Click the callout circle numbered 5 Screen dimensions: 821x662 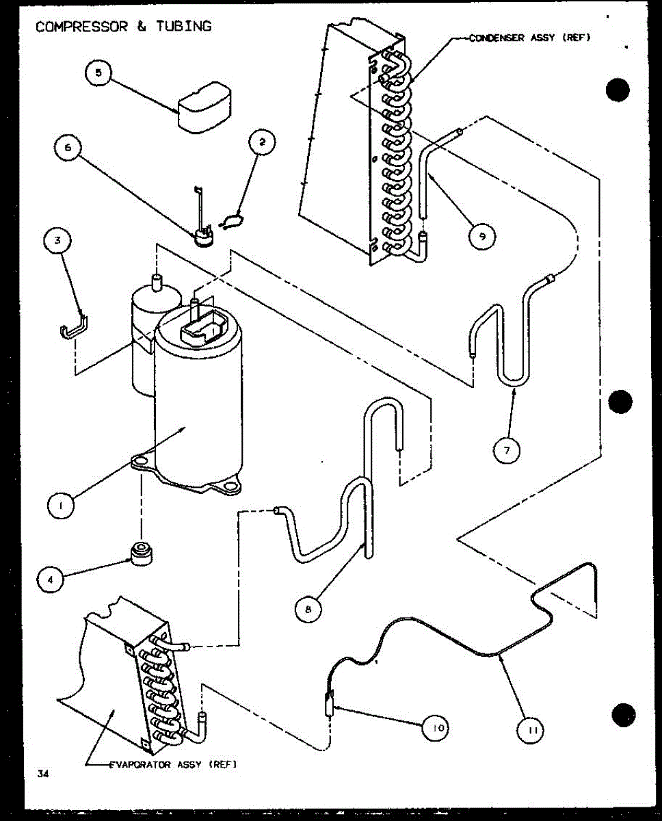coord(99,74)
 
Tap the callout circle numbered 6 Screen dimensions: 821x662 coord(68,149)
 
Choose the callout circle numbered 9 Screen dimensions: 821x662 coord(482,236)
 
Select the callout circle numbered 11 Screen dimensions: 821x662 coord(532,731)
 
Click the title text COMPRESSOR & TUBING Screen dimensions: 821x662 coord(124,27)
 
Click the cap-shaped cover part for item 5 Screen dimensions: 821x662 coord(206,105)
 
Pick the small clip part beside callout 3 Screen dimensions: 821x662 coord(71,328)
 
